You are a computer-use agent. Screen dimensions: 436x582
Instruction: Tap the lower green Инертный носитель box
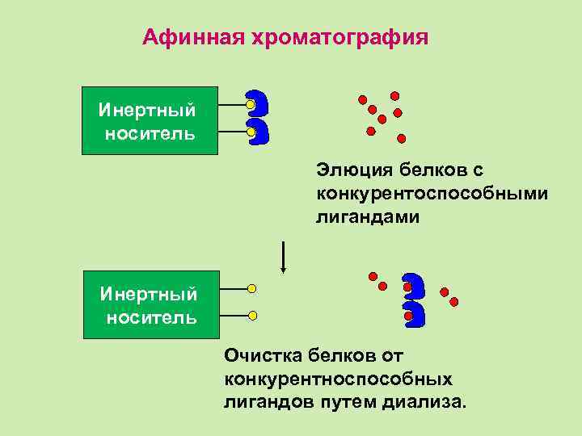[150, 304]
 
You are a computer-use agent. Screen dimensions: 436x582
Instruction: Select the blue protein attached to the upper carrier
[258, 117]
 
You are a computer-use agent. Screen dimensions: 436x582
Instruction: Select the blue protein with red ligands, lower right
[413, 300]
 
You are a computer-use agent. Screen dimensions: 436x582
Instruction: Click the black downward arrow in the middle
[283, 258]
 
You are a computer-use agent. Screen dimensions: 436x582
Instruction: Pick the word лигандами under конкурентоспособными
[368, 217]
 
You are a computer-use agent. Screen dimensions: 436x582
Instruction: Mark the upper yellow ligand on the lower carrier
[252, 288]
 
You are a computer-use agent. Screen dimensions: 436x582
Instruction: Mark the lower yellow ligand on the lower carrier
[252, 315]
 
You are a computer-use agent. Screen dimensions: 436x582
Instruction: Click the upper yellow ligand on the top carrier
[251, 105]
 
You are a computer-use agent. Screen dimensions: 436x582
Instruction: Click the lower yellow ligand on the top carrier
[251, 132]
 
